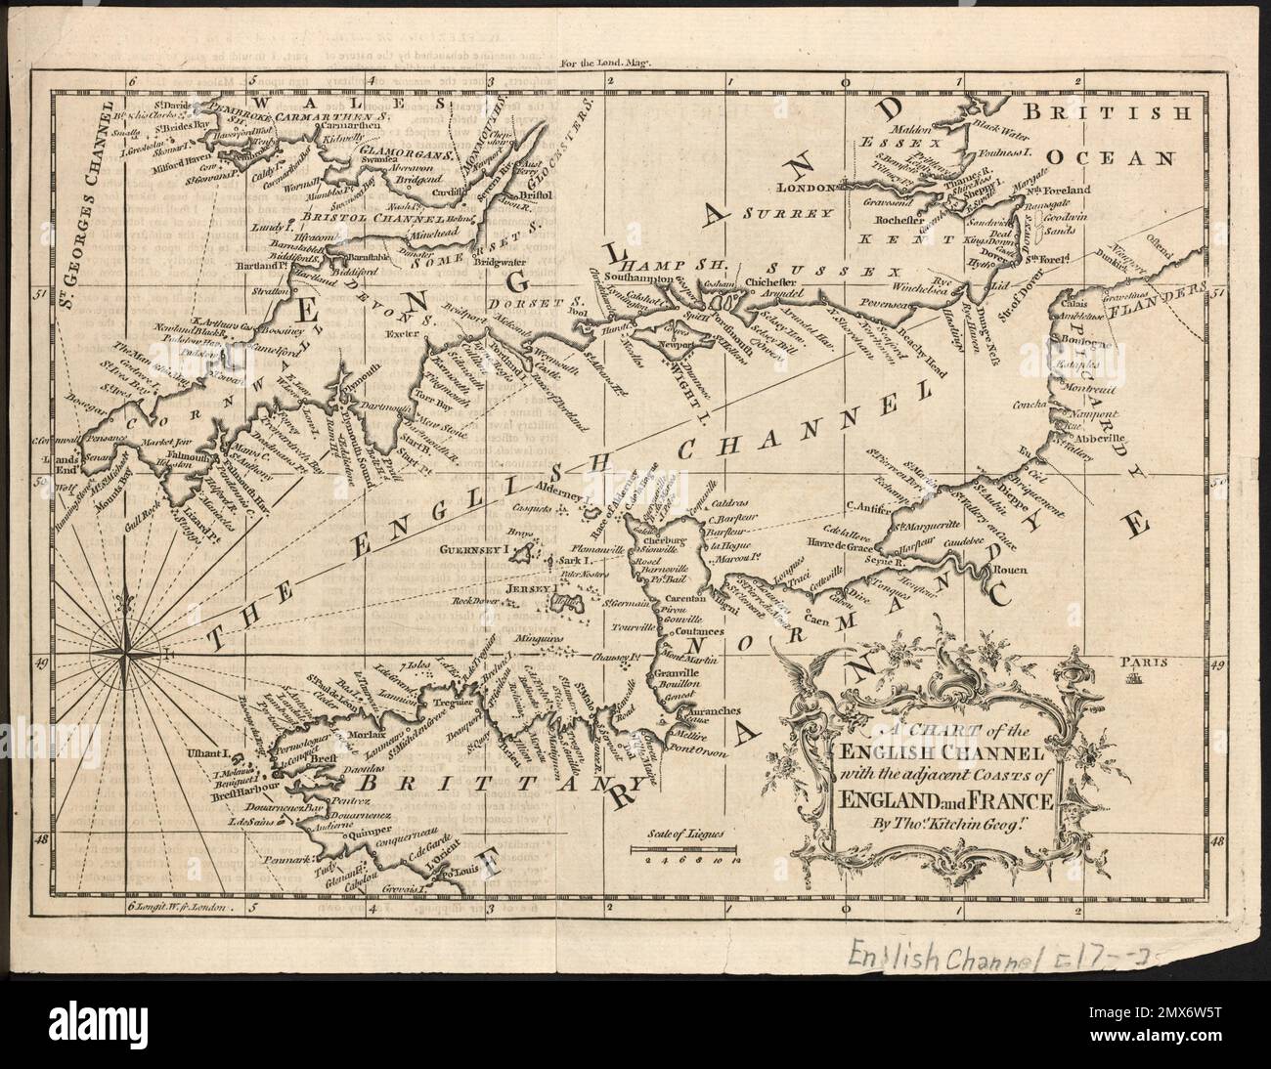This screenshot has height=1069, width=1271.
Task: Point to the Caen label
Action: tap(819, 619)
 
